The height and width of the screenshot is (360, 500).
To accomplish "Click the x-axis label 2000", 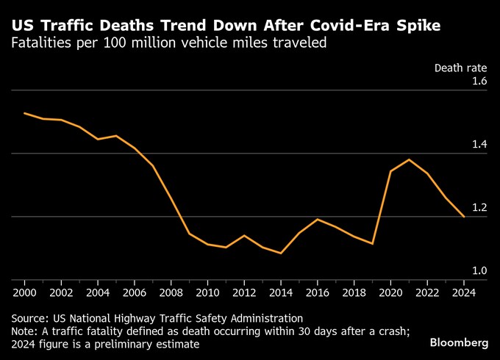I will coord(24,291).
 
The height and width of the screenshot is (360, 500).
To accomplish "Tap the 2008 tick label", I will coord(171,291).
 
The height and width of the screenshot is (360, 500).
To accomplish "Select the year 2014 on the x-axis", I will coord(281,291).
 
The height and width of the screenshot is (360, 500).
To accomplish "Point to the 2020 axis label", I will coord(390,291).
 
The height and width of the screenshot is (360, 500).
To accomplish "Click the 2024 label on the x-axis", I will coord(464,291).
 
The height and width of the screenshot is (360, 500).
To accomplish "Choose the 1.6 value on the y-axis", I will coord(479,81).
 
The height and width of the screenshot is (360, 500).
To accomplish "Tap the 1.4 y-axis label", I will coord(479,144).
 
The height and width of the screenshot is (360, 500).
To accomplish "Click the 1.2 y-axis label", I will coord(479,207).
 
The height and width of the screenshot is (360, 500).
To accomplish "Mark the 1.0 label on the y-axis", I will coord(479,270).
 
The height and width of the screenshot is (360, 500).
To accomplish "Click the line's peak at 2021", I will coord(409,159).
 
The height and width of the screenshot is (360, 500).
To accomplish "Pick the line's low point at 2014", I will coord(281,253).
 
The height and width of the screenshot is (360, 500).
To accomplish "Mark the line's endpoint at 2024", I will coord(464,217).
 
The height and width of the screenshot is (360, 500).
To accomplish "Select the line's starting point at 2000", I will coord(24,113).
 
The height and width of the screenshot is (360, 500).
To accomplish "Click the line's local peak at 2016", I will coord(318,219).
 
